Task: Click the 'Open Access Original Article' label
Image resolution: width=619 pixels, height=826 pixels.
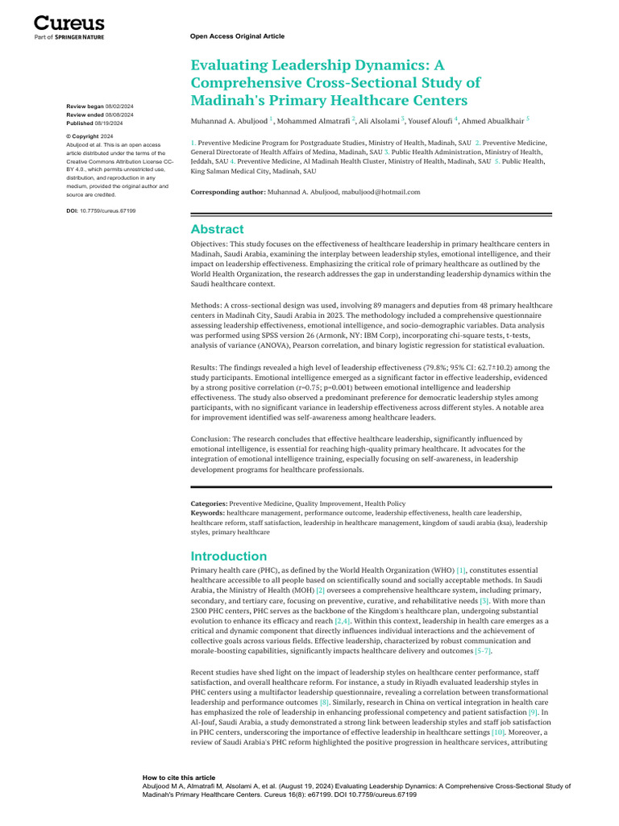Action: (x=237, y=36)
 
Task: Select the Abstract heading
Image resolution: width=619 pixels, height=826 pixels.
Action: (x=217, y=229)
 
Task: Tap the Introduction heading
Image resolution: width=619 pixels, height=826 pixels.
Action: (x=228, y=556)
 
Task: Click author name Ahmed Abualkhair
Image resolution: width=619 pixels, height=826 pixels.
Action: (x=492, y=120)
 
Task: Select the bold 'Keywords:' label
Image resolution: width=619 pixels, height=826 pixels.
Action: (x=207, y=512)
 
